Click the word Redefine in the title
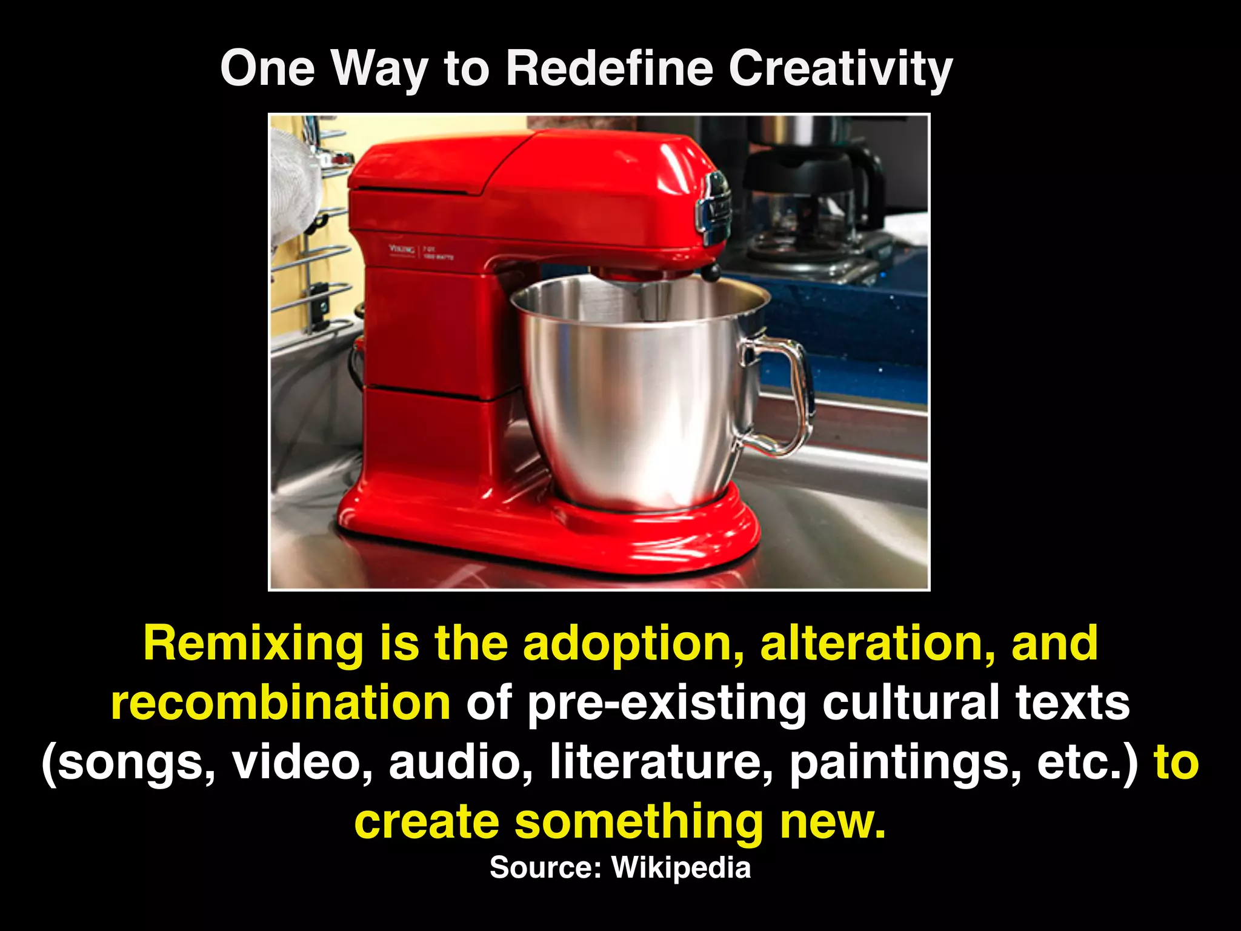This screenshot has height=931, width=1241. pyautogui.click(x=610, y=68)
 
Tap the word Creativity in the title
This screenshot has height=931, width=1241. pyautogui.click(x=840, y=69)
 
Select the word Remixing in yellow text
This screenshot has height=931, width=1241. pyautogui.click(x=253, y=644)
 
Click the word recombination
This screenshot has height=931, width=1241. pyautogui.click(x=281, y=703)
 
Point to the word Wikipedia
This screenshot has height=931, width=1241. pyautogui.click(x=681, y=867)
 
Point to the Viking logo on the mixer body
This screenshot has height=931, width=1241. pyautogui.click(x=402, y=249)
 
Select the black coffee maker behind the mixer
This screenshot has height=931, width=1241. pyautogui.click(x=812, y=200)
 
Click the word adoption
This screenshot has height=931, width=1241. pyautogui.click(x=633, y=644)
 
